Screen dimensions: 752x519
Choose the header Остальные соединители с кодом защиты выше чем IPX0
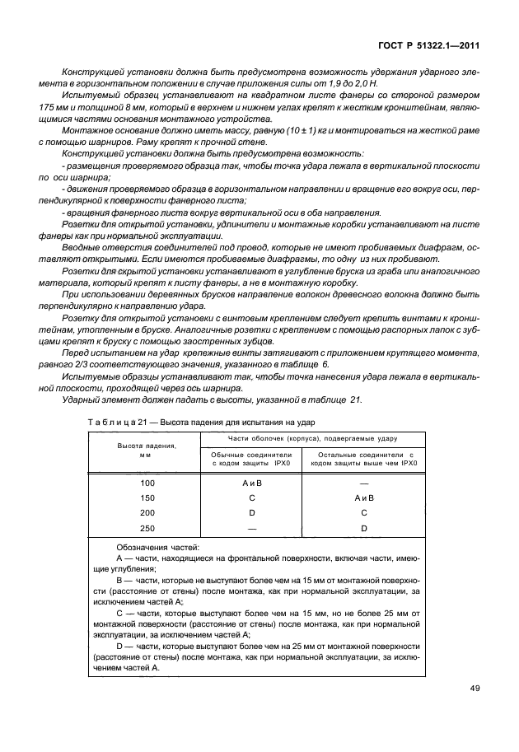pos(363,458)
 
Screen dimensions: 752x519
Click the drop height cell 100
pos(147,483)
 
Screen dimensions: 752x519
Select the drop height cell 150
pos(147,497)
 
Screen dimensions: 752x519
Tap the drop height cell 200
pos(147,511)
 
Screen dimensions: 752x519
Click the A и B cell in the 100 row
pos(252,483)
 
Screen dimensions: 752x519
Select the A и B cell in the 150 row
pos(363,497)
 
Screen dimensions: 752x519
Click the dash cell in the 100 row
pos(363,483)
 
